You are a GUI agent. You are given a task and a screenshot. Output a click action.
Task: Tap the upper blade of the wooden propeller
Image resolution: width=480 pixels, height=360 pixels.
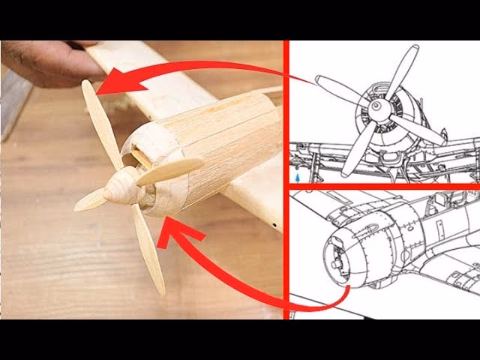point(100,120)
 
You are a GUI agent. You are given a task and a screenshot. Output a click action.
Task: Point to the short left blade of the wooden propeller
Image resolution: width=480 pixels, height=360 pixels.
point(90,199)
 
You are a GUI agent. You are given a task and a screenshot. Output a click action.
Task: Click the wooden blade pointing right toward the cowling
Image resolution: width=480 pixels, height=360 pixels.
point(170,171)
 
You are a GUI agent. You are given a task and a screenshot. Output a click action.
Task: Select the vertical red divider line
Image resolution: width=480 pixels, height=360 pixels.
point(286,180)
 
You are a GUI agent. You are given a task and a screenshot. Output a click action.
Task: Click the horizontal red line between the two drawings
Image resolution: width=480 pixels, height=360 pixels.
point(382,186)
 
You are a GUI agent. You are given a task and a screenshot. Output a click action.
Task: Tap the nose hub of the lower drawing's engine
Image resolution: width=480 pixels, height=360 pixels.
point(335,264)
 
